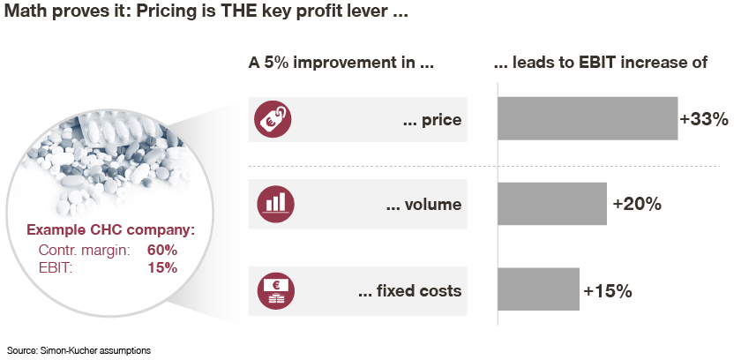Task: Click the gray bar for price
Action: pos(588,118)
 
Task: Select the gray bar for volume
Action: pos(552,204)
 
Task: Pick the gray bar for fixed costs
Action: pos(538,289)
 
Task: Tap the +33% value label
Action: pos(704,119)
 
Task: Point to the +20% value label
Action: pos(637,204)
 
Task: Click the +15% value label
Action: pos(608,291)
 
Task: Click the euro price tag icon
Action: pos(273,119)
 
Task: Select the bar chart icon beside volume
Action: pos(275,204)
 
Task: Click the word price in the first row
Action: pos(441,120)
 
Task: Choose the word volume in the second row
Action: pos(433,205)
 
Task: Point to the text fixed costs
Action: pos(419,290)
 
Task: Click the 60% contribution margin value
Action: pos(162,251)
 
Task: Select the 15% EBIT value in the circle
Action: pos(162,268)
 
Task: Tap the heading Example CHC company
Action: pos(110,230)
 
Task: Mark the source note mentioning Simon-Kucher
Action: pos(79,350)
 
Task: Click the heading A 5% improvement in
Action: pos(341,63)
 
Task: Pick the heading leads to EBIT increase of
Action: pos(600,63)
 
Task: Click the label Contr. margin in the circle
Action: pos(84,251)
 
